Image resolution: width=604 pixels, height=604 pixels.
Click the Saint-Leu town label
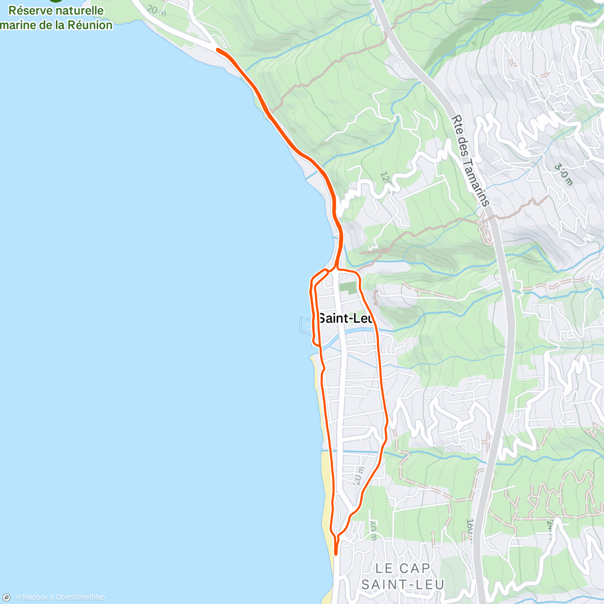tap(346, 318)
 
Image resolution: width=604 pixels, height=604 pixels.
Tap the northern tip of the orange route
tap(217, 49)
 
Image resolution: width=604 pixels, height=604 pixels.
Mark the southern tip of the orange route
tap(336, 554)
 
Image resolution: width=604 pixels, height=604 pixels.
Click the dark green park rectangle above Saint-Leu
tap(347, 287)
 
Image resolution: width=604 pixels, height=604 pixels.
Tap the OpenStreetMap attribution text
tap(81, 597)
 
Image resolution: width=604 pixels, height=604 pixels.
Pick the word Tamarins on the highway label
tap(476, 181)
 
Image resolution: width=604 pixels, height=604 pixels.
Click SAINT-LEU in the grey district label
tap(403, 584)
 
